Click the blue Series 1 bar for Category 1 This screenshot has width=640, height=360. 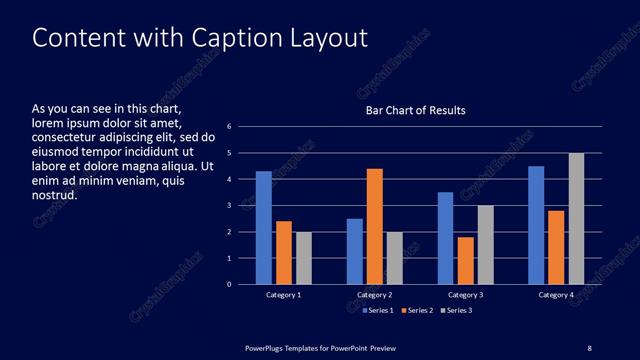(x=263, y=228)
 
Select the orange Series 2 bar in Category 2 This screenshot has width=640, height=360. (x=375, y=227)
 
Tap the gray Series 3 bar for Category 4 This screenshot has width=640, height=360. (x=577, y=219)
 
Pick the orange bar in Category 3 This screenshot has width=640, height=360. (x=466, y=261)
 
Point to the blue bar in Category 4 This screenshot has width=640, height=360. (x=536, y=225)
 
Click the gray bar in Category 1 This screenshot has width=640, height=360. (x=304, y=258)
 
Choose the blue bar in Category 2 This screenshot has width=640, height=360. (x=355, y=251)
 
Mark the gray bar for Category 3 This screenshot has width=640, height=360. (x=486, y=245)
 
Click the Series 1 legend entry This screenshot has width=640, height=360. (x=377, y=311)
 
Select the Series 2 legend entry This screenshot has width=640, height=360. (x=416, y=311)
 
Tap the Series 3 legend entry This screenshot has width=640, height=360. (x=455, y=311)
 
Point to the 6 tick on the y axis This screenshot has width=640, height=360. (x=230, y=127)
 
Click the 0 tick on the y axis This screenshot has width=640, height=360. (x=230, y=284)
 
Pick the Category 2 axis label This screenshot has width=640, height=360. (x=374, y=295)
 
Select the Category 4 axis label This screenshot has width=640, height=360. (x=556, y=295)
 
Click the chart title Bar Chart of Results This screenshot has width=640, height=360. (x=415, y=110)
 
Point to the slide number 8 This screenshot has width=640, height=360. (x=589, y=347)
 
